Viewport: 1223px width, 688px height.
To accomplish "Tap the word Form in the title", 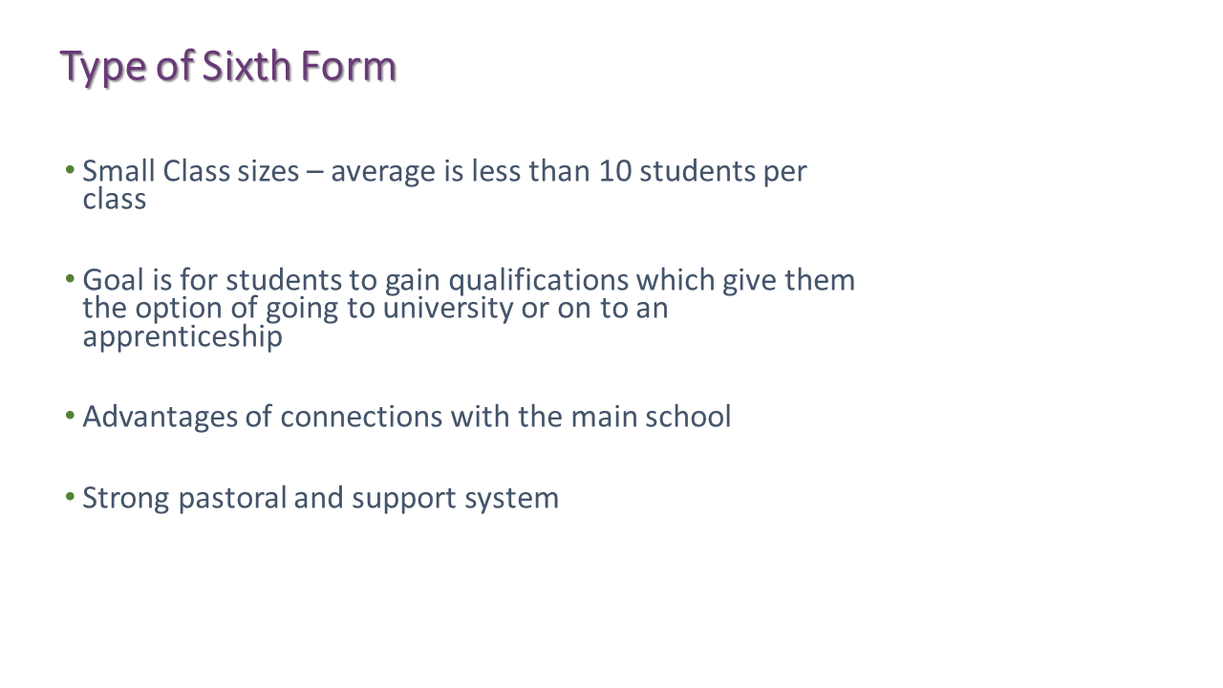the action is point(349,66).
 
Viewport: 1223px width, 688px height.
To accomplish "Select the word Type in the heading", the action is point(103,68).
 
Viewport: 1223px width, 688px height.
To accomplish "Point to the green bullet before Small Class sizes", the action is point(70,169).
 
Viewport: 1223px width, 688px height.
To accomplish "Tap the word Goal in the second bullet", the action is point(113,280).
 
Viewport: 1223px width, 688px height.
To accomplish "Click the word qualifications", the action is point(538,281).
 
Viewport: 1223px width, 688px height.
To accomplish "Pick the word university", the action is point(448,309).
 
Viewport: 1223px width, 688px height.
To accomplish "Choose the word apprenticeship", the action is point(182,337).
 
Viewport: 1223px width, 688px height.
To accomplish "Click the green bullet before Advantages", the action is point(70,416).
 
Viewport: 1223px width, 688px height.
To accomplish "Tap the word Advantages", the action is point(160,418).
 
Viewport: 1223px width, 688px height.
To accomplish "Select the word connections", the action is point(361,417).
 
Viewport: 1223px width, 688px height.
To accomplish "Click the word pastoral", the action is point(232,499).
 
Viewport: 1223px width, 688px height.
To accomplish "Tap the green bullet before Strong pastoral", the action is point(70,497).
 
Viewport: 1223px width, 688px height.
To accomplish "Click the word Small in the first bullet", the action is point(118,171).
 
